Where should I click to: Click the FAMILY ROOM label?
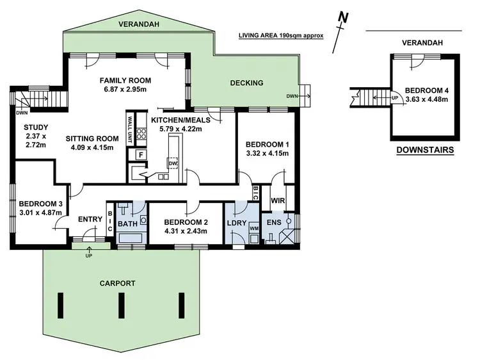125,80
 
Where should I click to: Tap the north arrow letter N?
344,17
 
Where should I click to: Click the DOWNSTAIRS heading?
424,151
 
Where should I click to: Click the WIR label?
277,201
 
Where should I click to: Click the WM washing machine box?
253,228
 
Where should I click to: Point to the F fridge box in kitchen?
136,154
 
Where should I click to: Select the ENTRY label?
90,220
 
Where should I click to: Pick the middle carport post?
120,306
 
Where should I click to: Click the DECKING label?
246,83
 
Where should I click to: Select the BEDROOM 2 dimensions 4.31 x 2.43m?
185,231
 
